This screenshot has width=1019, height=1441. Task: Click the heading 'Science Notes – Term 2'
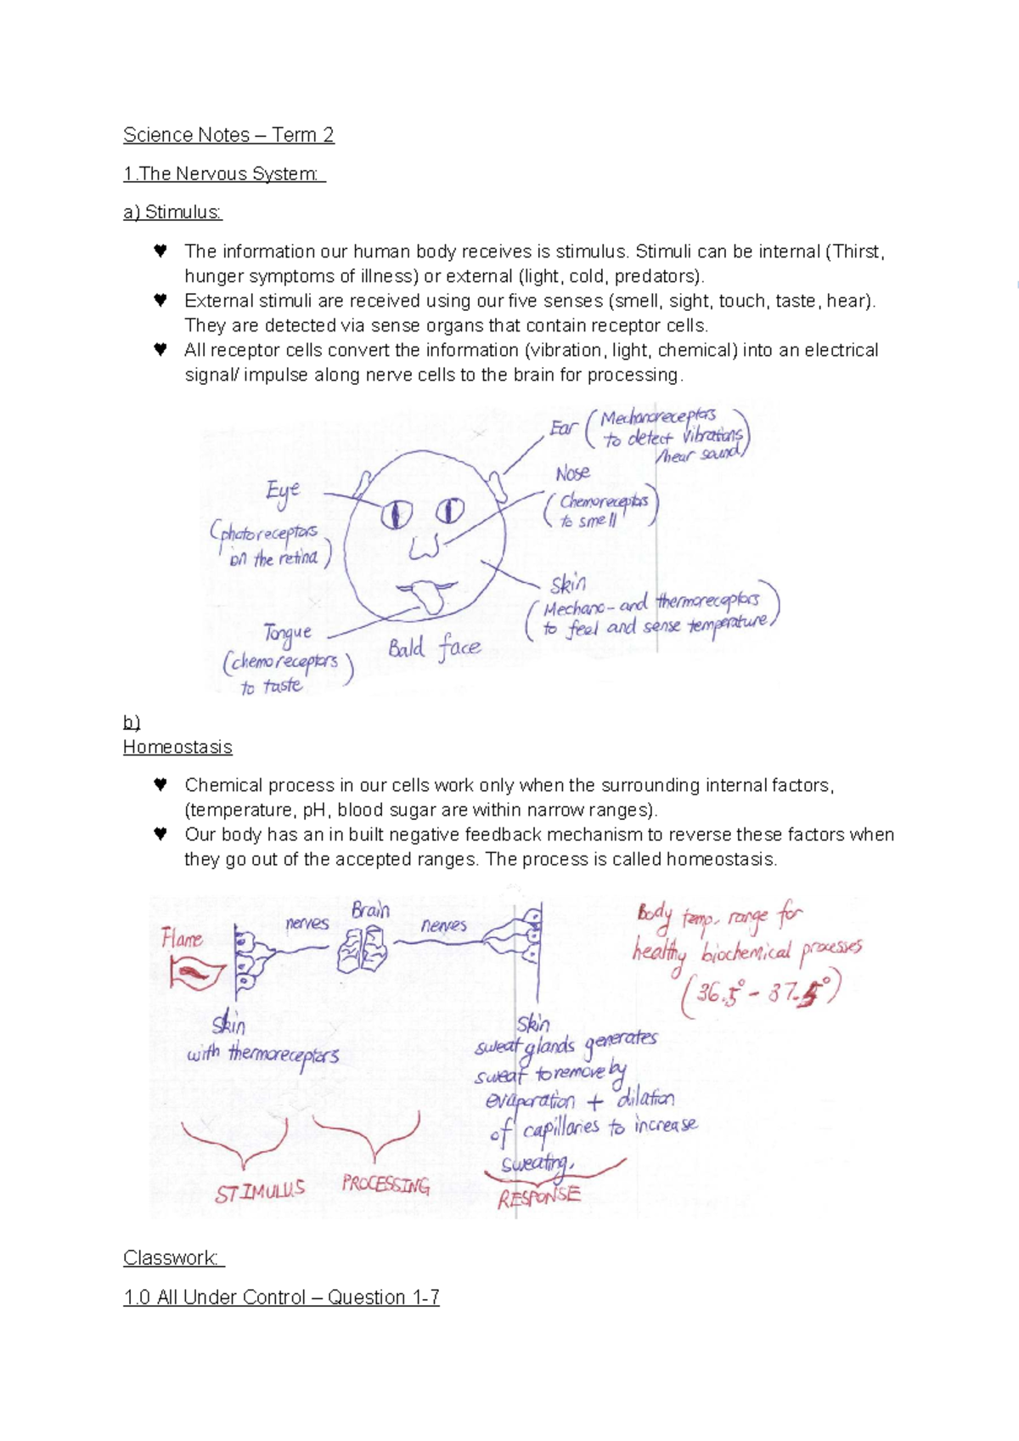[228, 135]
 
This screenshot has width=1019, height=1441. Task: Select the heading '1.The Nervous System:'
[222, 174]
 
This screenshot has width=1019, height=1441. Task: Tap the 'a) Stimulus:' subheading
[172, 212]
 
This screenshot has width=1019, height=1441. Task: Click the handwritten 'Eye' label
[283, 492]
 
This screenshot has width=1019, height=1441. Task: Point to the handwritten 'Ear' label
[563, 427]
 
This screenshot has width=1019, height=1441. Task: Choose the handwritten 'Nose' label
[572, 473]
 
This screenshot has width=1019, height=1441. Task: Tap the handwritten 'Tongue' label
[287, 633]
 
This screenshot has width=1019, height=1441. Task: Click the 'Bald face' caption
[434, 648]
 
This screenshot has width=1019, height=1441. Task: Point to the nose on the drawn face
[424, 548]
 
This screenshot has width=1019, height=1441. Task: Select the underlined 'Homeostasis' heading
[177, 748]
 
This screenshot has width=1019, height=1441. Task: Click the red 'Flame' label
[182, 939]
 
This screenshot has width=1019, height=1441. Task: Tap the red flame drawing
[196, 974]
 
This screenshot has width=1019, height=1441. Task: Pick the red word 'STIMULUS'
[259, 1191]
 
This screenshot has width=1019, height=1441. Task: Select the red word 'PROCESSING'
[386, 1184]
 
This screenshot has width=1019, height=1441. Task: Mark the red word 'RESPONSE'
[538, 1197]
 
